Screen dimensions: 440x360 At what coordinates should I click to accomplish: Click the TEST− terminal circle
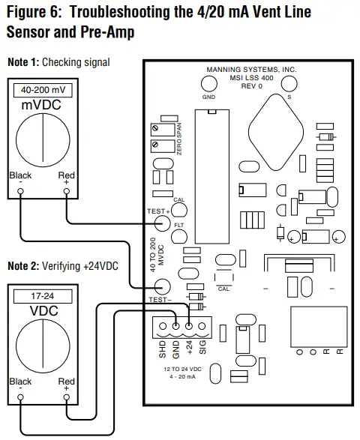162,286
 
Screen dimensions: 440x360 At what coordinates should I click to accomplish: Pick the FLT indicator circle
179,236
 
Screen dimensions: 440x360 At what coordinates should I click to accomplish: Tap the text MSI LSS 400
250,76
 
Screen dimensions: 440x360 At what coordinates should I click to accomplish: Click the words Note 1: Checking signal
58,61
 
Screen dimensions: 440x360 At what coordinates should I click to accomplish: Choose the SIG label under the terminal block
203,349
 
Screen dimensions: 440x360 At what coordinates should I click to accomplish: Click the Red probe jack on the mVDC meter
67,191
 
